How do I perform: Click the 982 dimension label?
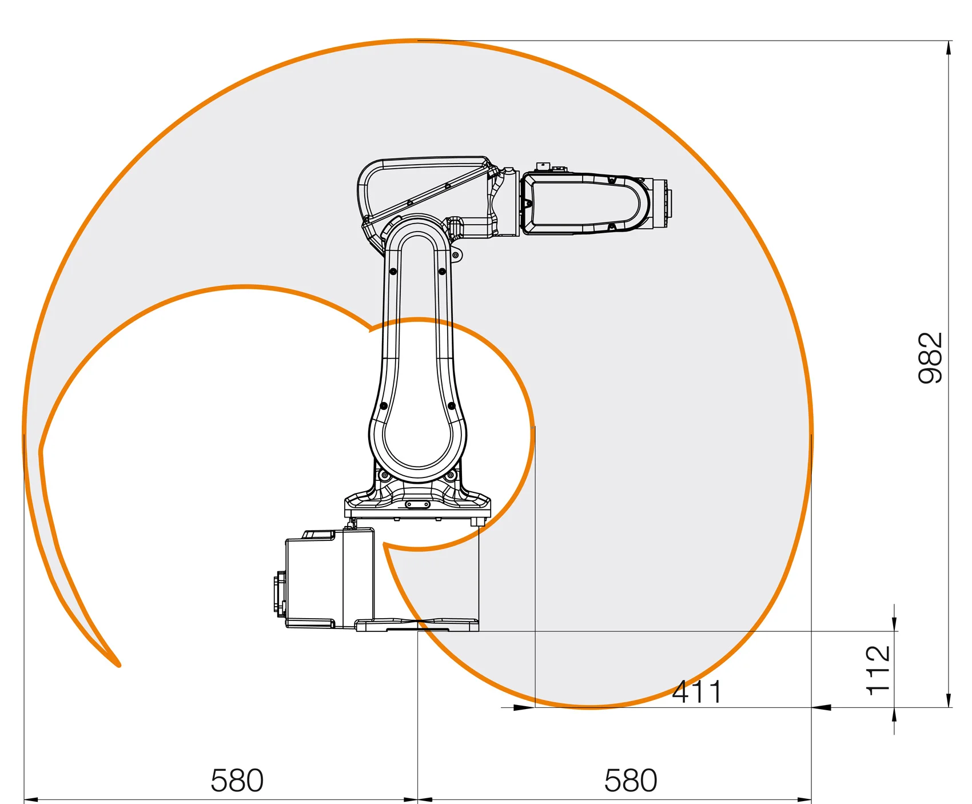pos(930,357)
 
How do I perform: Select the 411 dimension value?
pos(696,692)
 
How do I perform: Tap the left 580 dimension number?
pos(237,781)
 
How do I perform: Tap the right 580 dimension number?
pos(631,781)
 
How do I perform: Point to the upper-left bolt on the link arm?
pos(393,271)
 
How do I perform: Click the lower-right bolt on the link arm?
pos(452,405)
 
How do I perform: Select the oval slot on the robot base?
pos(417,504)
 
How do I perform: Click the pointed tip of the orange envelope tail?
pos(118,665)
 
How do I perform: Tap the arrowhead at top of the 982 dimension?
pos(949,47)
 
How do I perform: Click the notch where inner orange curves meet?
pos(370,329)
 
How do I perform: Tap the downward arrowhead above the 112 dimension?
pos(894,624)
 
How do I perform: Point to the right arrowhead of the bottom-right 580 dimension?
pos(804,799)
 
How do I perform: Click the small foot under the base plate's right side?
pos(476,522)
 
